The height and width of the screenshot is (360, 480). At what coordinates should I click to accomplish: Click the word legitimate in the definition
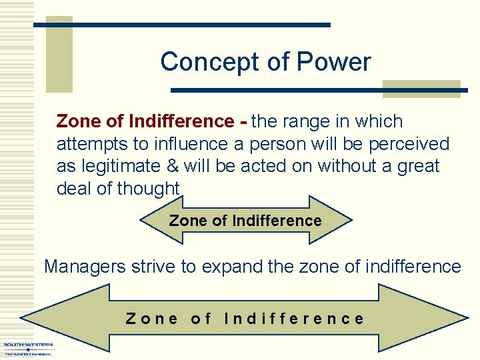coord(119,165)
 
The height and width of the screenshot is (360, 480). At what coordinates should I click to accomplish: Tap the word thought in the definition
coord(148,188)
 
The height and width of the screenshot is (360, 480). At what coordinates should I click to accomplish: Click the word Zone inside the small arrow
coord(187,221)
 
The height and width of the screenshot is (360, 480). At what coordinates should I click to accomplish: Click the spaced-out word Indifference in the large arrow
coord(294,319)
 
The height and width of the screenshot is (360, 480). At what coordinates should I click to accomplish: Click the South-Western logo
coord(28,348)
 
